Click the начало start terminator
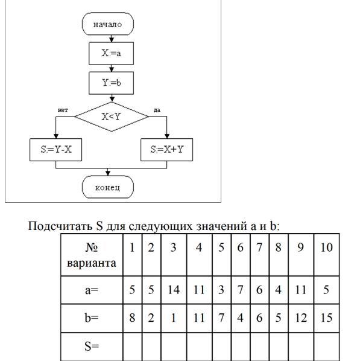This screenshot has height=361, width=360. click(108, 24)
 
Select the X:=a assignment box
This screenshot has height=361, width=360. click(112, 53)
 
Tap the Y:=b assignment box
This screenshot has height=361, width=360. click(112, 83)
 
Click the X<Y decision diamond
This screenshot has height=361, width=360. click(112, 117)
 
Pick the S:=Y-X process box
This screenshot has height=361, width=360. click(55, 150)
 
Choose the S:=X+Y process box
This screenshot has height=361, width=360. click(167, 150)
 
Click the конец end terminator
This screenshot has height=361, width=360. click(108, 187)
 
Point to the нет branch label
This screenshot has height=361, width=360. click(63, 110)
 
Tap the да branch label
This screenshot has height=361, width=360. click(157, 110)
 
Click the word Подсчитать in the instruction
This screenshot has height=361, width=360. click(60, 226)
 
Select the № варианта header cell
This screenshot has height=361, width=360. click(92, 255)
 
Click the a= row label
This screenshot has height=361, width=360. click(92, 290)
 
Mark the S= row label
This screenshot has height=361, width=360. click(92, 347)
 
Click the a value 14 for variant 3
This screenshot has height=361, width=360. click(174, 290)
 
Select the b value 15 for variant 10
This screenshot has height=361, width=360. click(326, 318)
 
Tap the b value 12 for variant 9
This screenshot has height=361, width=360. click(301, 318)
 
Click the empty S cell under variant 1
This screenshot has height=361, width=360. click(133, 347)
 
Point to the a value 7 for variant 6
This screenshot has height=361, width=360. click(241, 290)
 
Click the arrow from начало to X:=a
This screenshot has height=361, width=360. click(112, 39)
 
